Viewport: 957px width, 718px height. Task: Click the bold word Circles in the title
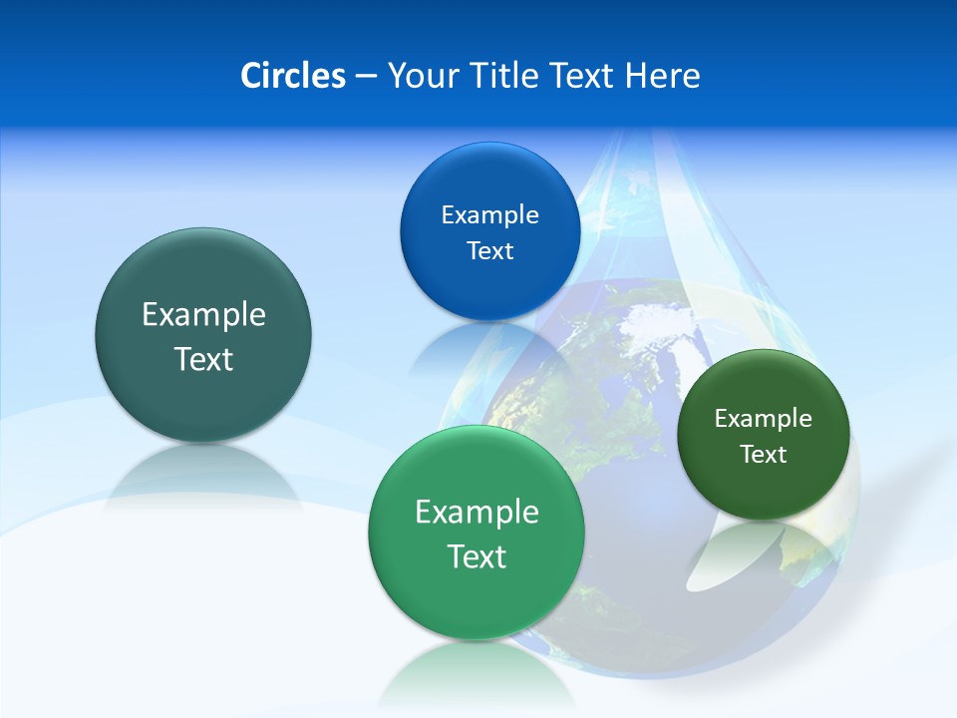pyautogui.click(x=292, y=76)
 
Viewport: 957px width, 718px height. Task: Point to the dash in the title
pyautogui.click(x=366, y=77)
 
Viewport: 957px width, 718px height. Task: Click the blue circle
pyautogui.click(x=489, y=189)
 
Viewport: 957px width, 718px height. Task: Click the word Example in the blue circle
pyautogui.click(x=489, y=214)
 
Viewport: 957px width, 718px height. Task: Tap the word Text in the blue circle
pyautogui.click(x=489, y=250)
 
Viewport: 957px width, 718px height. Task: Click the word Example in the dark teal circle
pyautogui.click(x=203, y=315)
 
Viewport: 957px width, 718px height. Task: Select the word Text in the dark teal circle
pyautogui.click(x=203, y=359)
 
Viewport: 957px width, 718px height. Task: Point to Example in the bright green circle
pyautogui.click(x=477, y=513)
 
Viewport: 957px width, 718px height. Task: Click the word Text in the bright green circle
pyautogui.click(x=477, y=556)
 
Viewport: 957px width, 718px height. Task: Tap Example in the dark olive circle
pyautogui.click(x=764, y=418)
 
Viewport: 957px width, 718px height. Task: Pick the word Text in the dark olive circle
pyautogui.click(x=764, y=455)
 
